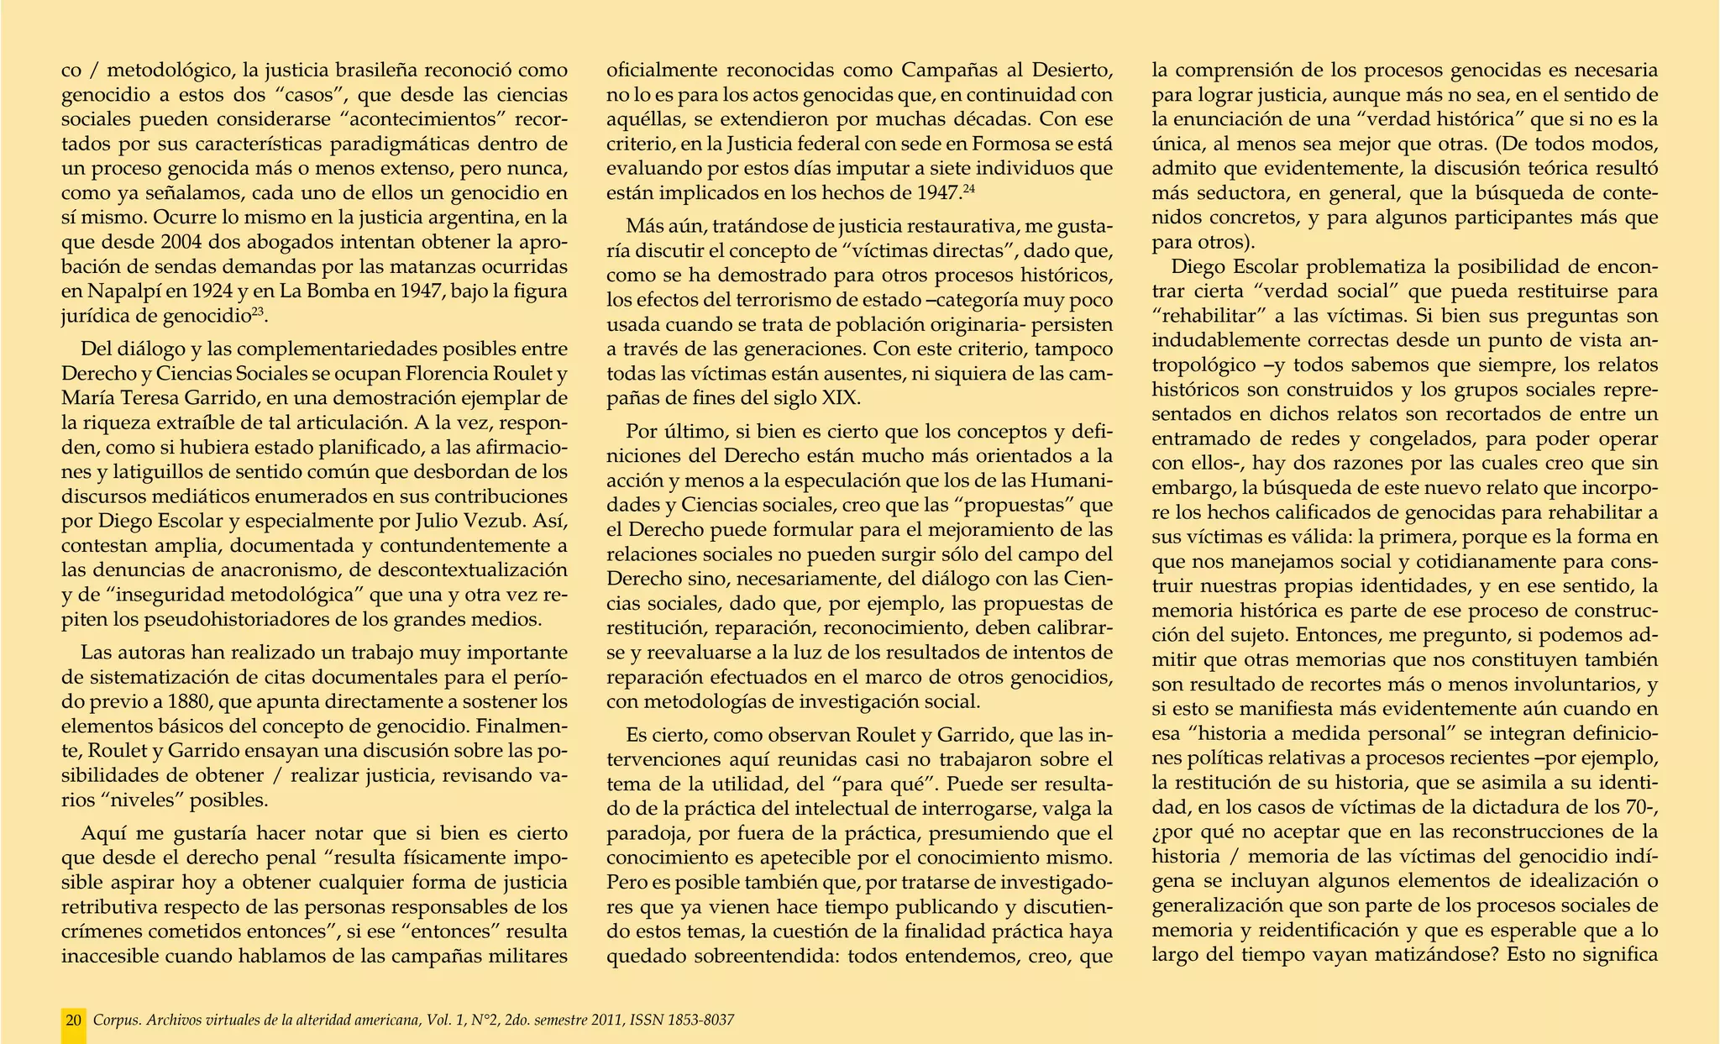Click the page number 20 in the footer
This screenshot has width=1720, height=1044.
[74, 1020]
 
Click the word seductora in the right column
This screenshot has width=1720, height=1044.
[1227, 193]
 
